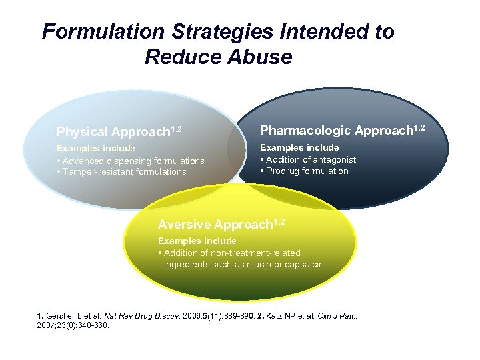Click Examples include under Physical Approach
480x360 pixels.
pos(95,148)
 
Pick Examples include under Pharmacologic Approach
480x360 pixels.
pos(299,147)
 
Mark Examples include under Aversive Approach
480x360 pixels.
pos(197,240)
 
